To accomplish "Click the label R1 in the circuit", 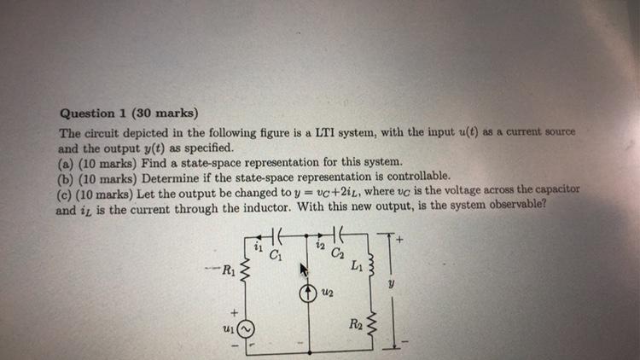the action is pos(226,272).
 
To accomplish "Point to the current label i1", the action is pos(257,246).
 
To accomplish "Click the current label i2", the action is pos(317,246).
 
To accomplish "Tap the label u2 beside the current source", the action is pos(325,293).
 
